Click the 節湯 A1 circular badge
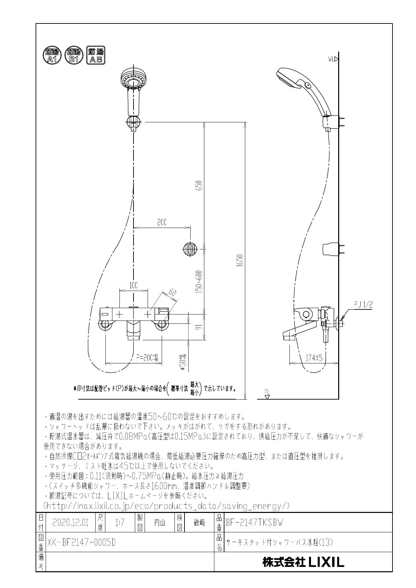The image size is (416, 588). (x=52, y=55)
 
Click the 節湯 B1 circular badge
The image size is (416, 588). (x=73, y=55)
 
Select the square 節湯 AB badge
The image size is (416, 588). (x=96, y=55)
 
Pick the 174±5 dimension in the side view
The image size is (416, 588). (x=314, y=358)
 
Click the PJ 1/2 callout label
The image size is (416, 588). (x=363, y=304)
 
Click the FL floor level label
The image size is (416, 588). (x=267, y=392)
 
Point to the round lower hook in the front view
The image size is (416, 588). (x=189, y=249)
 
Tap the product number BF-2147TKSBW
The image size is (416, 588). (x=255, y=523)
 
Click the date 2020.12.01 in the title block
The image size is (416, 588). (x=70, y=523)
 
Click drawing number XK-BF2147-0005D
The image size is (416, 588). (x=81, y=542)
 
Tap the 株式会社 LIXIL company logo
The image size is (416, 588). (x=303, y=562)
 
